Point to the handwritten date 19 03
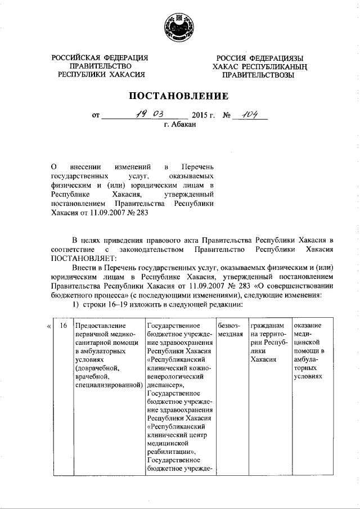[150, 115]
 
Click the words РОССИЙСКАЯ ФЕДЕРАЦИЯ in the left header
[100, 58]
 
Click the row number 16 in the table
[64, 326]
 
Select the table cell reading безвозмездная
[229, 330]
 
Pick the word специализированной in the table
[106, 385]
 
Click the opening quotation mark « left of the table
[49, 326]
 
